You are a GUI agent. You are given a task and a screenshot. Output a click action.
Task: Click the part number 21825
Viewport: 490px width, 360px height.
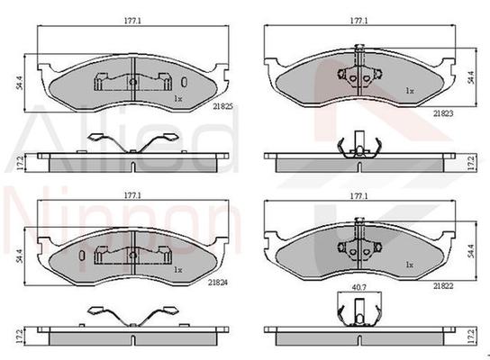coord(222,106)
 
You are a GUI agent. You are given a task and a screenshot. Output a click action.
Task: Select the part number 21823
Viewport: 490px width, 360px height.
coord(443,113)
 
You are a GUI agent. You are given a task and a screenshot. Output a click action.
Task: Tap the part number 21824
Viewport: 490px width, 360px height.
coord(218,283)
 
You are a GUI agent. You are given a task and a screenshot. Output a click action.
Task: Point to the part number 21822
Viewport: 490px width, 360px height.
coord(443,285)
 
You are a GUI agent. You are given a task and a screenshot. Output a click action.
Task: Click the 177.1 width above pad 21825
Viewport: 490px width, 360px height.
coord(132,21)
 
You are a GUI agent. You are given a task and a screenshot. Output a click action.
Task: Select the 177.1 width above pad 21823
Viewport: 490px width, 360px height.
coord(358,21)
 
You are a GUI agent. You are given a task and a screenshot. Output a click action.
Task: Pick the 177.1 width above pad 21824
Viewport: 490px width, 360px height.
coord(132,195)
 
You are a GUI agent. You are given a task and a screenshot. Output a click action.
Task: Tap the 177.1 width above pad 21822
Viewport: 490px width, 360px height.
coord(358,196)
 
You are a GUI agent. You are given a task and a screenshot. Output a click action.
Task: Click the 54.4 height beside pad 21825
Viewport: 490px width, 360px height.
coord(19,83)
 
